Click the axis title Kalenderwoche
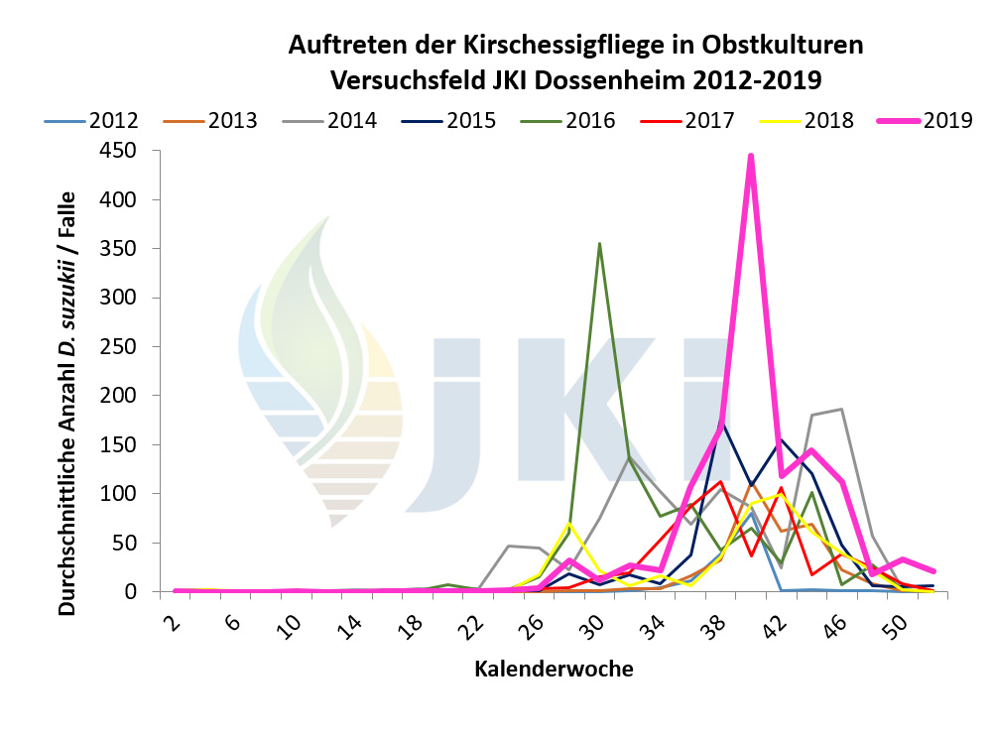pos(554,669)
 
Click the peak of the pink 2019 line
pos(751,156)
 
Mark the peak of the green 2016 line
pos(599,244)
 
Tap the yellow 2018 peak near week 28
pos(569,523)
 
